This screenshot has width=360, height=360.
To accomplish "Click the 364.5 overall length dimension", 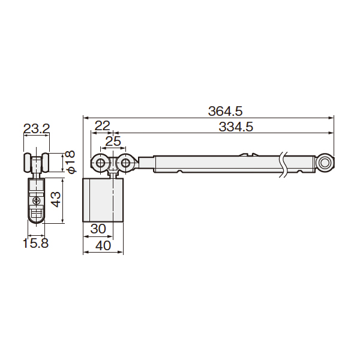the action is [225, 111].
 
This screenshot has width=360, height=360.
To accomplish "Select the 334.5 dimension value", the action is [236, 127].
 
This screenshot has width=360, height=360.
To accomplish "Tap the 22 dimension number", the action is [103, 125].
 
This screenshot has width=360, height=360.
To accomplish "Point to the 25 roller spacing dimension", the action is [113, 141].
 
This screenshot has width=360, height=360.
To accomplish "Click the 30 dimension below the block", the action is [98, 229].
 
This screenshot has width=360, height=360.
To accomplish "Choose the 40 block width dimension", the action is [103, 245].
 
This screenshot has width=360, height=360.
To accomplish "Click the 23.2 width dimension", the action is [37, 128].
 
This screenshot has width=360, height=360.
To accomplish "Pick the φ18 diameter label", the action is [71, 162].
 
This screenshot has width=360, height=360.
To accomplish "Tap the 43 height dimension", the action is [56, 200].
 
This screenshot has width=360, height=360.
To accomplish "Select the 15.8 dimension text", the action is [36, 243].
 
